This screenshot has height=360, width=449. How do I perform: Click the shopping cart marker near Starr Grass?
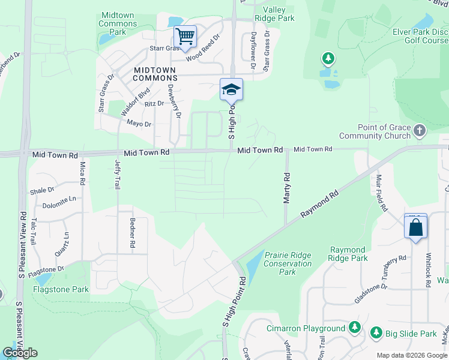tap(185, 37)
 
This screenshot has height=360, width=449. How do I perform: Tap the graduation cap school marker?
tap(231, 90)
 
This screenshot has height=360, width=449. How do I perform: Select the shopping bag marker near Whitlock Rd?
tap(415, 227)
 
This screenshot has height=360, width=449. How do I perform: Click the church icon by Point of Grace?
tap(420, 130)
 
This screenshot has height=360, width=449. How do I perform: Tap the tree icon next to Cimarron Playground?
tap(355, 328)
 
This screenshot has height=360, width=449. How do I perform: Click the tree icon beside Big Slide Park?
tap(376, 332)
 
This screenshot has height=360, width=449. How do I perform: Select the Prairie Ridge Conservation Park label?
tap(288, 263)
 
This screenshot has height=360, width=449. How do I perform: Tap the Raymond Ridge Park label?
tap(348, 254)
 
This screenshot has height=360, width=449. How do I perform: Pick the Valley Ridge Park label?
tap(274, 14)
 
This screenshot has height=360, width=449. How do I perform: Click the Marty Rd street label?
tap(287, 188)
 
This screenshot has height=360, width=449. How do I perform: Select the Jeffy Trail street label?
tap(117, 175)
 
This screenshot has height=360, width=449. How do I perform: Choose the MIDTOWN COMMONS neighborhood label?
tap(154, 74)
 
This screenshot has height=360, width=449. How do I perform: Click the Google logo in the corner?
tap(20, 353)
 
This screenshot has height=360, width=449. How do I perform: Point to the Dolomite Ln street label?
tap(60, 199)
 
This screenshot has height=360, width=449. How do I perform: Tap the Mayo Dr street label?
tap(139, 124)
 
